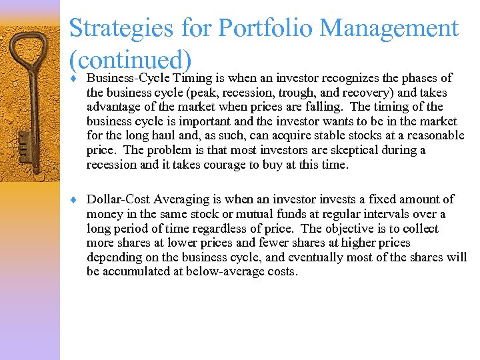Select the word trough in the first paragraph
point(292,93)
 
